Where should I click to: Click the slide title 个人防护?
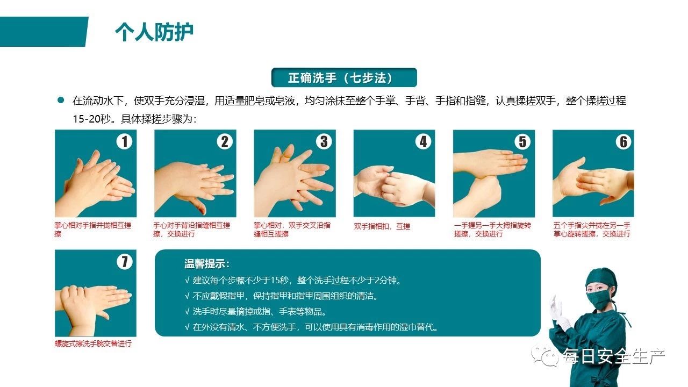coord(154,32)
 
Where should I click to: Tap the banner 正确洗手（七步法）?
coord(344,77)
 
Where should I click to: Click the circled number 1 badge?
coord(124,141)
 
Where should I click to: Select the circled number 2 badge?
coord(225,141)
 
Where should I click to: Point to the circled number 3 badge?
coord(324,141)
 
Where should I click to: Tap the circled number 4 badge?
coord(423,141)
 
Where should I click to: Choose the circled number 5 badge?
coord(522,141)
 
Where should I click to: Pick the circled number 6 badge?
coord(623,141)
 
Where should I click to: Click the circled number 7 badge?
coord(124,262)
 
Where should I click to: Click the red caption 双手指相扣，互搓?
coord(382,226)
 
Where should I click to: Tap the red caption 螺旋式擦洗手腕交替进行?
coord(93,343)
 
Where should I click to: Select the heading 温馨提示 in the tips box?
coord(207,264)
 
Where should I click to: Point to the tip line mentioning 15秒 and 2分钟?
coord(293,281)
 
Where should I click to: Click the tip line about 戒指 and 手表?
coord(255,312)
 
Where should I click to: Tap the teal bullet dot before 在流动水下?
coord(61,100)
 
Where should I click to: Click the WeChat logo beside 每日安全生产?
coord(545,355)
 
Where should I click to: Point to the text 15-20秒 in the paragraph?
coord(91,119)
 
